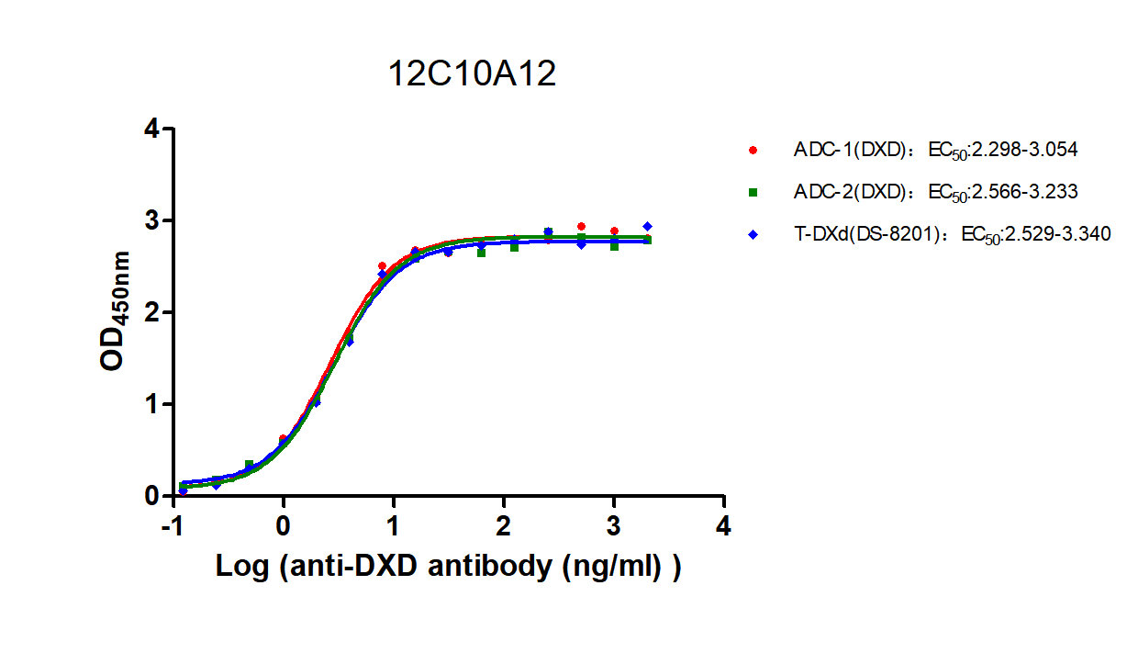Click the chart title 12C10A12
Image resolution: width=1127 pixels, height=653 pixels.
pyautogui.click(x=472, y=74)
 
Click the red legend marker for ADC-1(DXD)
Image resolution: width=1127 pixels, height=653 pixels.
pyautogui.click(x=753, y=149)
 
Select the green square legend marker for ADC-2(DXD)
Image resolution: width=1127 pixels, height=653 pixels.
pyautogui.click(x=753, y=192)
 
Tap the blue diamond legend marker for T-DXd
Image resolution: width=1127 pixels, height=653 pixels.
pyautogui.click(x=753, y=235)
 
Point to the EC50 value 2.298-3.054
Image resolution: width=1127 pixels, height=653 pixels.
pyautogui.click(x=1020, y=148)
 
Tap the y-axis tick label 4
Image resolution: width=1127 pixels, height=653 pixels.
pyautogui.click(x=151, y=129)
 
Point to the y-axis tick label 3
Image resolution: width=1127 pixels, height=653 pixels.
pyautogui.click(x=151, y=221)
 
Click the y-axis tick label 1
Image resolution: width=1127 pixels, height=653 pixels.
pyautogui.click(x=151, y=404)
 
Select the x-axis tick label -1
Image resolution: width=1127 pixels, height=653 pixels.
pyautogui.click(x=170, y=527)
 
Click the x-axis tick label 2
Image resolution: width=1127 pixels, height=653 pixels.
pyautogui.click(x=504, y=527)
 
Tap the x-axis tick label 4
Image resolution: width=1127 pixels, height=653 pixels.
pyautogui.click(x=724, y=527)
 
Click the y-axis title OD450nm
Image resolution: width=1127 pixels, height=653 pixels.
pyautogui.click(x=116, y=312)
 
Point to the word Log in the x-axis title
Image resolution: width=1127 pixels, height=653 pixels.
pyautogui.click(x=240, y=567)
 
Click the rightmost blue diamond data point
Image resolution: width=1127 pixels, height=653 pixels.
pyautogui.click(x=647, y=226)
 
